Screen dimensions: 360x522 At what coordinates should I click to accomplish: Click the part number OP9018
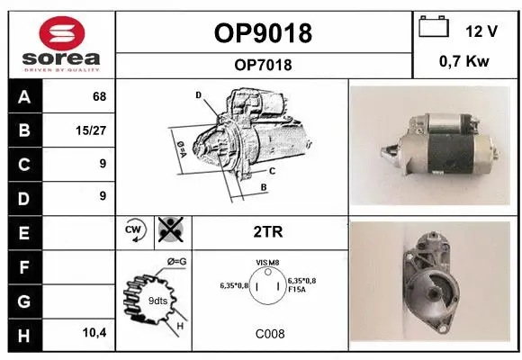[x=263, y=33]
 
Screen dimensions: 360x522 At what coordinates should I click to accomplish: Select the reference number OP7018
[x=263, y=65]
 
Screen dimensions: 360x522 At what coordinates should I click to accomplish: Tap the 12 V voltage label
[x=481, y=31]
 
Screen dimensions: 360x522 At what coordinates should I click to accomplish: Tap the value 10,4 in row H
[x=94, y=333]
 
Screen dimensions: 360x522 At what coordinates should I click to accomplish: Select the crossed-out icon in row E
[x=168, y=230]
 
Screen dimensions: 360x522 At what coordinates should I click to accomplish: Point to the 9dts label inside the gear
[x=158, y=301]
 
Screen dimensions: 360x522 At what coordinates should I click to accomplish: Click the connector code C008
[x=269, y=334]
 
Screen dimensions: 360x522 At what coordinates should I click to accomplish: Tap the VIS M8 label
[x=268, y=262]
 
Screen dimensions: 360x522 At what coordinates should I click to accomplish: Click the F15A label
[x=296, y=291]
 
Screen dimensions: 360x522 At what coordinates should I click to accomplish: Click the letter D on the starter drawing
[x=198, y=94]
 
